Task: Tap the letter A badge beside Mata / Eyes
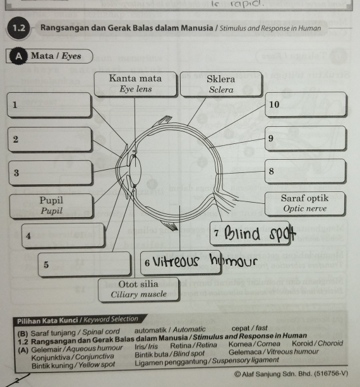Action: tap(18, 56)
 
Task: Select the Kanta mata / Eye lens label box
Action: tap(135, 84)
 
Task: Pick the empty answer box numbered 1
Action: tap(50, 105)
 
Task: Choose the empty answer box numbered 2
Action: tap(50, 139)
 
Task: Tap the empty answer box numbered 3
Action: tap(50, 172)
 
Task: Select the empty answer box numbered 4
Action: tap(63, 235)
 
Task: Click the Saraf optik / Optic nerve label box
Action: tap(304, 203)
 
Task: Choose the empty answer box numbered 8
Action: tap(304, 171)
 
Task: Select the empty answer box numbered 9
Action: tap(304, 138)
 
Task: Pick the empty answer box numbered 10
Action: tap(304, 105)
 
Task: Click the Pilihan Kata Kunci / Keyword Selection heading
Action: tap(78, 319)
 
